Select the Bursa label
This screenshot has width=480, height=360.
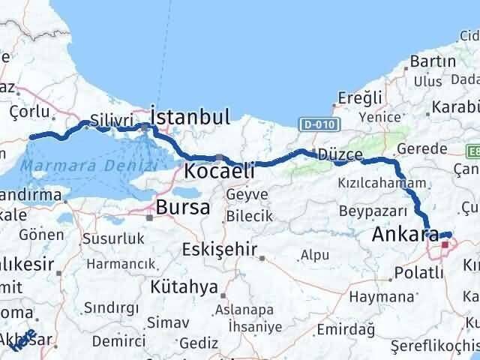tap(182, 208)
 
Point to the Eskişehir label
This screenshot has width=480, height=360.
tap(223, 250)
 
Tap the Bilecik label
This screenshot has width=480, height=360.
tap(250, 216)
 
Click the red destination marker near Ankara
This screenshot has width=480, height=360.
tap(445, 244)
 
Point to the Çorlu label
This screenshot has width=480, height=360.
tap(30, 112)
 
